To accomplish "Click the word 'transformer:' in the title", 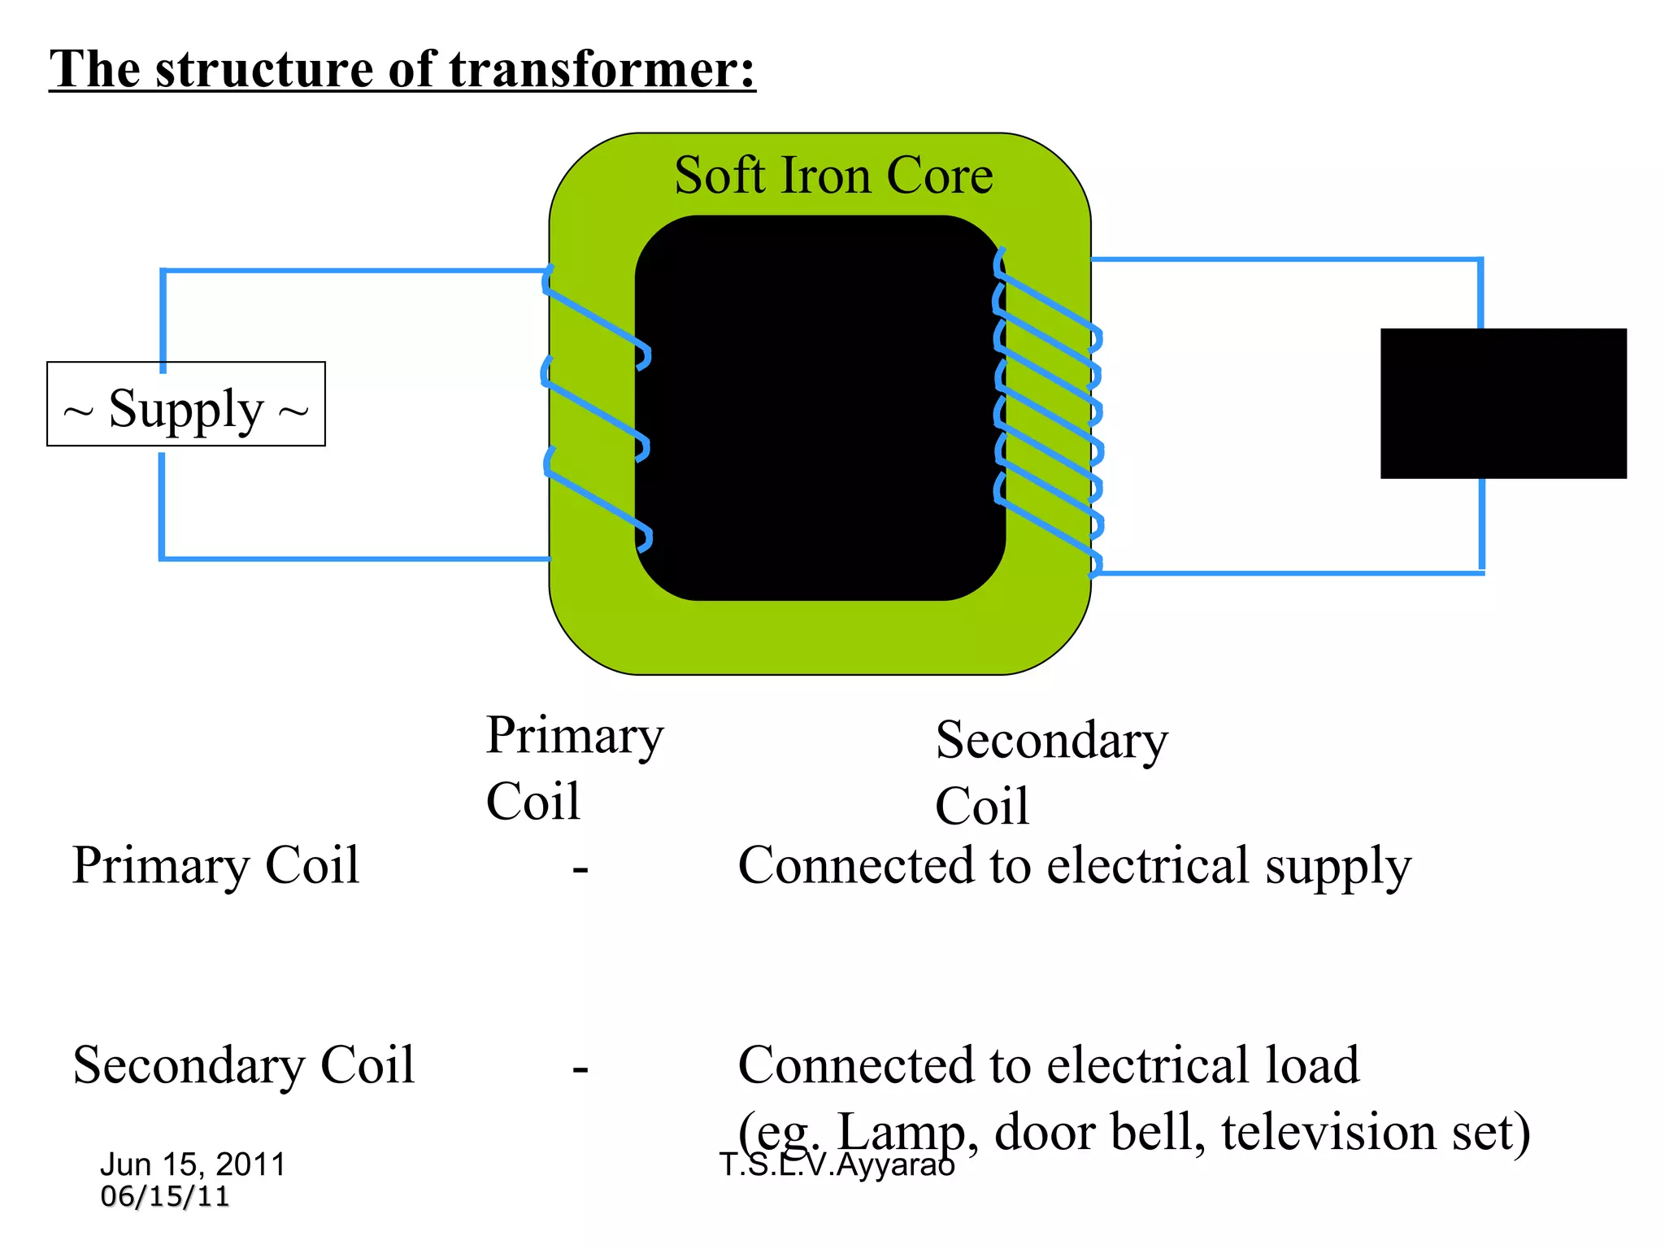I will click(x=602, y=69).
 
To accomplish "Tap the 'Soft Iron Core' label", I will click(x=833, y=176).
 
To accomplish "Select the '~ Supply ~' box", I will click(x=186, y=404).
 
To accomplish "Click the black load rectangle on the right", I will click(x=1503, y=403).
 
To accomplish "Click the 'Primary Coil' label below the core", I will click(x=574, y=768).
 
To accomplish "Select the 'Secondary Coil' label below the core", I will click(x=1051, y=772).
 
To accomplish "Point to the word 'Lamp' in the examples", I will click(x=901, y=1132).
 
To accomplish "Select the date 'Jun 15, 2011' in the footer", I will click(x=193, y=1164).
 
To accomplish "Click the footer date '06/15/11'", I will click(x=165, y=1197).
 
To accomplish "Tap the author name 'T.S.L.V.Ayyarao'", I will click(x=837, y=1165).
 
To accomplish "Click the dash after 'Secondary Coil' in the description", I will click(x=580, y=1068).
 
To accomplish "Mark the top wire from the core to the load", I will click(x=1285, y=260).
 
